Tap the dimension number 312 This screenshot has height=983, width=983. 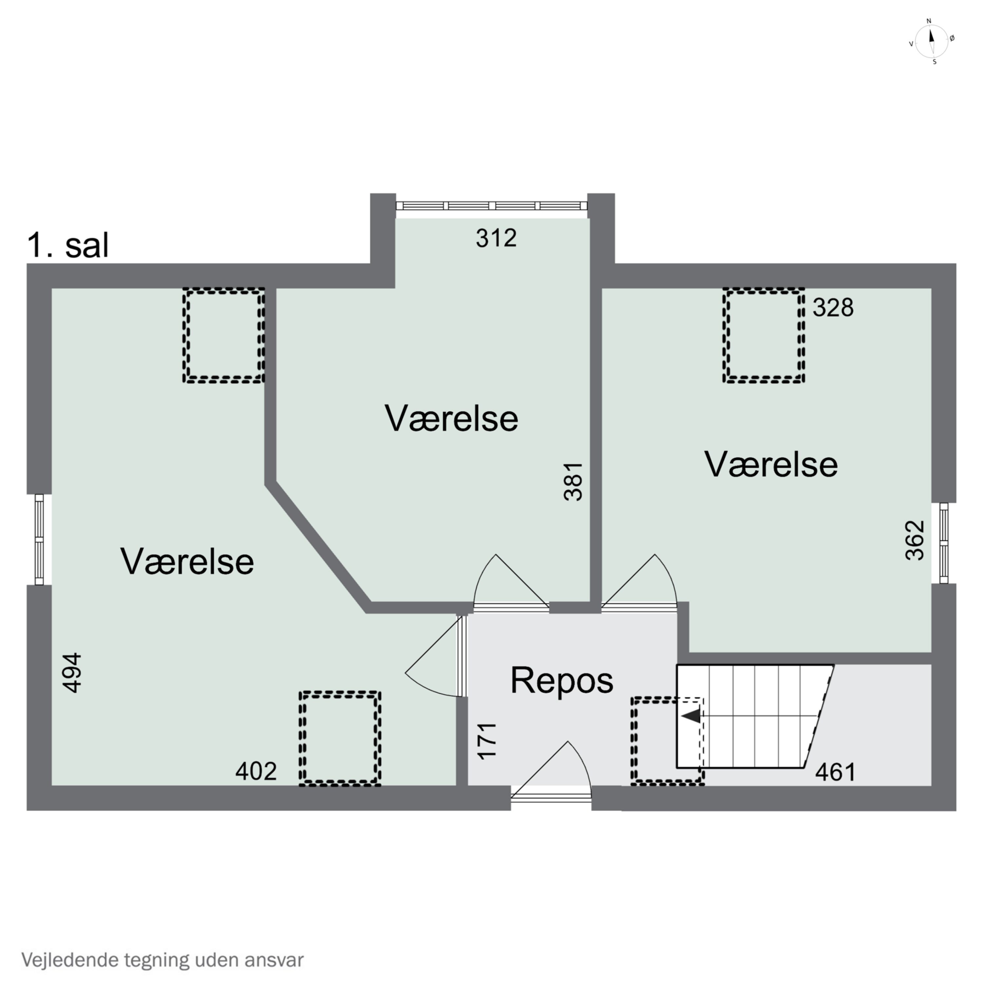(x=496, y=238)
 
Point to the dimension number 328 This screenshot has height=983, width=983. (x=833, y=308)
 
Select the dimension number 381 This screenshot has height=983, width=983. (x=573, y=482)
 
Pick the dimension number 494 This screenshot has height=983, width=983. (x=72, y=673)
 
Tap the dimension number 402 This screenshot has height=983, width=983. (x=256, y=771)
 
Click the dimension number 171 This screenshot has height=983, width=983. (x=487, y=741)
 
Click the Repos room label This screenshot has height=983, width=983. (x=562, y=680)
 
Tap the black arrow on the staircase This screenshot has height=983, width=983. (x=691, y=716)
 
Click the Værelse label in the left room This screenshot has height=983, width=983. (x=187, y=562)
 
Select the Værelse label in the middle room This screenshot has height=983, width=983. (x=451, y=419)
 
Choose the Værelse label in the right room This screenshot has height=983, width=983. (x=771, y=465)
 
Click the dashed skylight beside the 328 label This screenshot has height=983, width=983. (x=763, y=335)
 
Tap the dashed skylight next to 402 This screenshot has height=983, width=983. (x=340, y=738)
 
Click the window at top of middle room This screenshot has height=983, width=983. (x=491, y=205)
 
